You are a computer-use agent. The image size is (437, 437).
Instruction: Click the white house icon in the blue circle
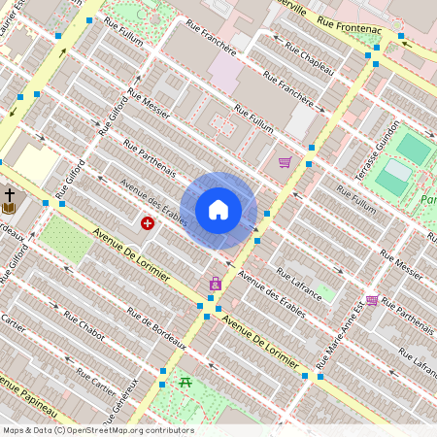218,210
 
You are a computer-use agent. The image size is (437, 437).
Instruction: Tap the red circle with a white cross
148,223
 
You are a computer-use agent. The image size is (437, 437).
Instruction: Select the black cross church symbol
9,194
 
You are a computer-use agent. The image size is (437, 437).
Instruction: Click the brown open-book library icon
9,208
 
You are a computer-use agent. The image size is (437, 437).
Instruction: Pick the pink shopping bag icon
215,285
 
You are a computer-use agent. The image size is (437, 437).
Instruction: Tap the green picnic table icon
185,381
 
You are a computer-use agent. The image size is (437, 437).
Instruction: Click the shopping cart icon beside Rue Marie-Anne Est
372,301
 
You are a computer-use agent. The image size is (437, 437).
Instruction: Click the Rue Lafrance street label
298,279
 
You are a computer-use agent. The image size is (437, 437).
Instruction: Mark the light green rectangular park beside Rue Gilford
67,239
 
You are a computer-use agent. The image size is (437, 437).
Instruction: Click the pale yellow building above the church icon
35,165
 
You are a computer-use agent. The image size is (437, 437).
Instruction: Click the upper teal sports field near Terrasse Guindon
413,148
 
